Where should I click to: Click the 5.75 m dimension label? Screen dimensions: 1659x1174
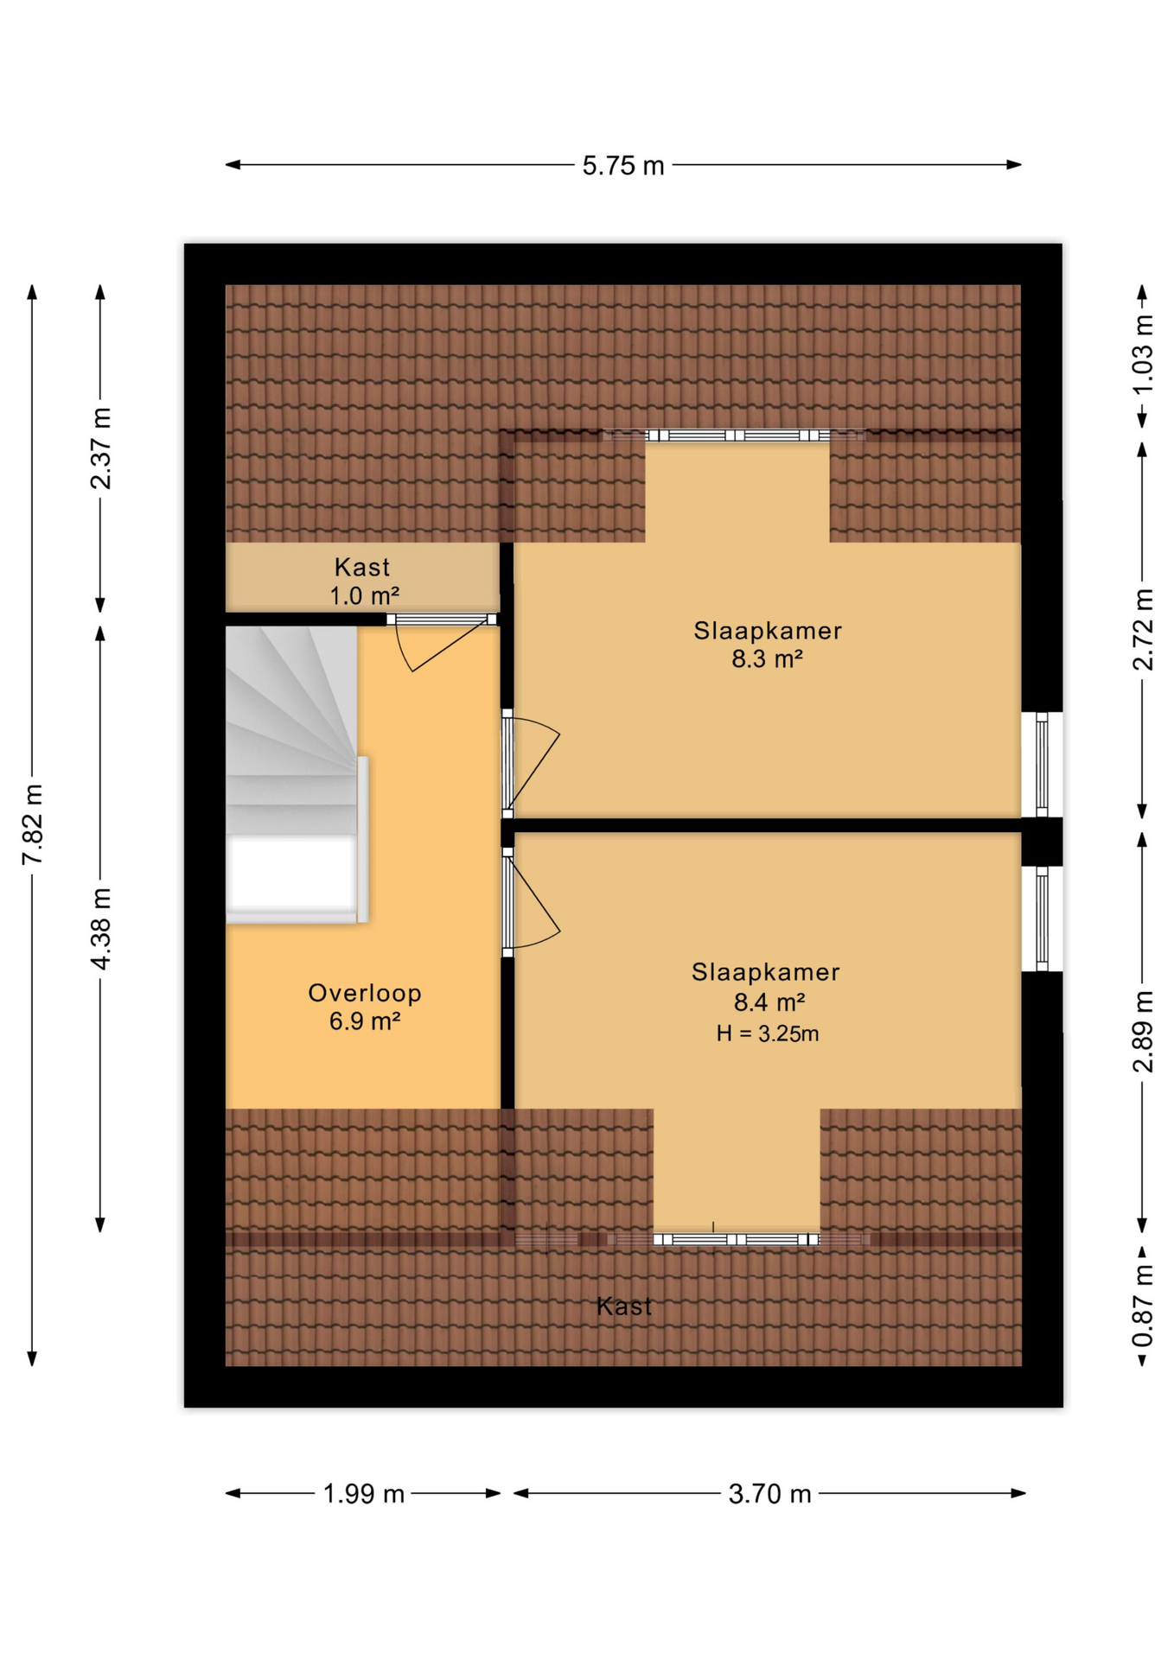tap(622, 165)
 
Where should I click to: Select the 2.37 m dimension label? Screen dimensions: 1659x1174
tap(101, 448)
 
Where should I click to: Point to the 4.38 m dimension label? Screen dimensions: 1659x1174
tap(101, 928)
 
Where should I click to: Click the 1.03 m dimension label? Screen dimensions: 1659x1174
tap(1142, 355)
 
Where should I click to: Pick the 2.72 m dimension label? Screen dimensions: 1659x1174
tap(1142, 629)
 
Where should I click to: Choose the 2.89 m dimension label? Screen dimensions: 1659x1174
tap(1142, 1032)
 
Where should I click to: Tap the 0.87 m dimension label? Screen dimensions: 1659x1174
tap(1142, 1305)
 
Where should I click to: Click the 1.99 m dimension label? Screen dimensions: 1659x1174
tap(363, 1494)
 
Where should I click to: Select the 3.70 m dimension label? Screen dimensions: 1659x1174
tap(769, 1494)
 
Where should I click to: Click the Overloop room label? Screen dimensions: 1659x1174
tap(365, 993)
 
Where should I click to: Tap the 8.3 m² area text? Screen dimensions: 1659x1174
tap(767, 659)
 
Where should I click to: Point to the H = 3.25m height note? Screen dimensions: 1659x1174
tap(767, 1033)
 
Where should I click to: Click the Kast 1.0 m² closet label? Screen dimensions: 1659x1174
tap(363, 581)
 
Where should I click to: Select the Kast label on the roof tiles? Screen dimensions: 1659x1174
tap(623, 1306)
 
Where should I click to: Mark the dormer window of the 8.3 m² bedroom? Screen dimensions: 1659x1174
tap(734, 435)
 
